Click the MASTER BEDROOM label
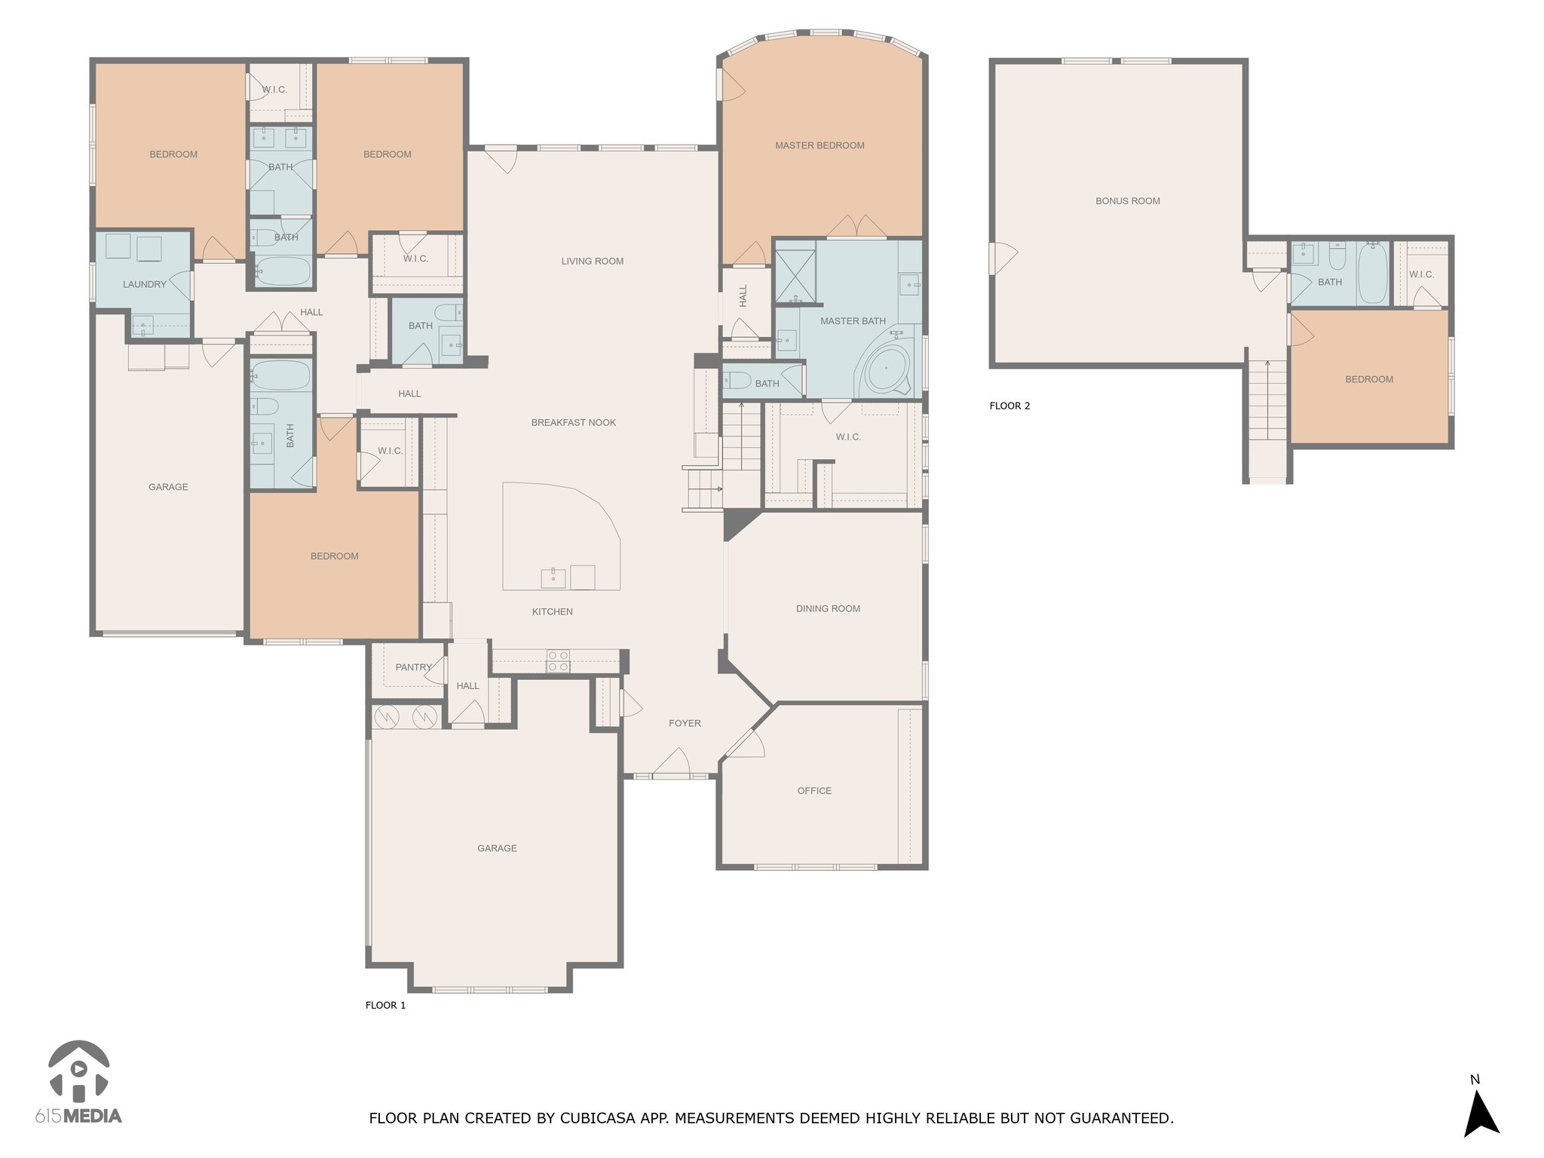(819, 146)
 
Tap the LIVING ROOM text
(593, 262)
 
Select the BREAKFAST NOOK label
(574, 423)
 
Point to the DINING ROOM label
(828, 608)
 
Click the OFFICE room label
(814, 791)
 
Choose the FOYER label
(685, 723)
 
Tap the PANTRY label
(414, 667)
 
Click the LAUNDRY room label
(145, 284)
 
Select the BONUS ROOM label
(1128, 201)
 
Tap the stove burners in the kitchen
(558, 661)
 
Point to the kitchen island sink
(553, 577)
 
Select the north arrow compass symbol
(1481, 1116)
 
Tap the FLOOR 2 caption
(1009, 406)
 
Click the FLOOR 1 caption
(385, 1005)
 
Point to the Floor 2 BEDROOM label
(1369, 379)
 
